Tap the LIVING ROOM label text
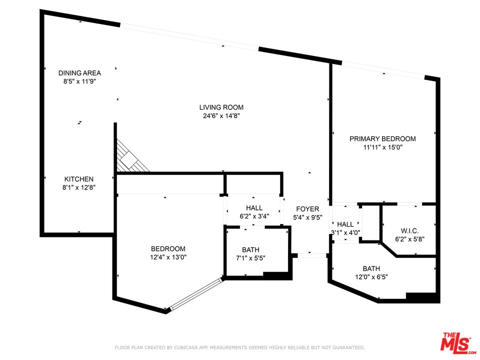[x=221, y=107]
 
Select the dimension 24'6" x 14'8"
[x=221, y=116]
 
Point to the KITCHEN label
[x=78, y=179]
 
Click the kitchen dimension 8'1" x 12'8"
[x=78, y=188]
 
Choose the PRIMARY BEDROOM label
[x=382, y=138]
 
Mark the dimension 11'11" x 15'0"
[x=382, y=147]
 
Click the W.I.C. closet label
[x=409, y=230]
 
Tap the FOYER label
[x=307, y=209]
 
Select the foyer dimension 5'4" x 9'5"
[x=307, y=217]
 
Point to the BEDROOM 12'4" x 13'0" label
[x=168, y=248]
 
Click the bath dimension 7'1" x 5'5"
[x=250, y=258]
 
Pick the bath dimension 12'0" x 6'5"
[x=371, y=277]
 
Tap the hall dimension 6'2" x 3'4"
[x=254, y=216]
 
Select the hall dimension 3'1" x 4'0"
[x=345, y=233]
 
